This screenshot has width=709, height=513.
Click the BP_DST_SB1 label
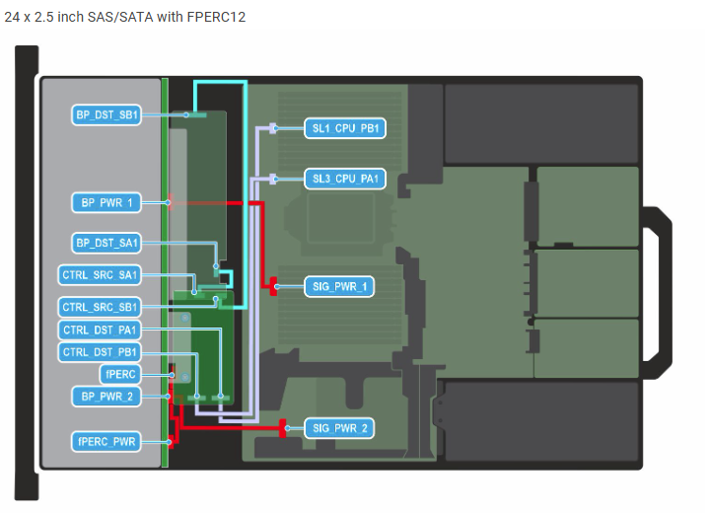[106, 115]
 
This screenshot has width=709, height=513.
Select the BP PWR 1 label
[106, 202]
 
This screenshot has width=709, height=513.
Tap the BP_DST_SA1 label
[106, 242]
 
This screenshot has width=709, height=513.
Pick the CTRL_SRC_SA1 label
[101, 274]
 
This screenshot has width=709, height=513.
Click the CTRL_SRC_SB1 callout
[101, 306]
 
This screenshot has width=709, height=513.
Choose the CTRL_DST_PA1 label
[101, 330]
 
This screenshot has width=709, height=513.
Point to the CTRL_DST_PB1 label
[101, 352]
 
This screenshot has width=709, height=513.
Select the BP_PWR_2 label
[106, 396]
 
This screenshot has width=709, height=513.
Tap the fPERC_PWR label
[106, 440]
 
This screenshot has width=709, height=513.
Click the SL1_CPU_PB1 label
[341, 128]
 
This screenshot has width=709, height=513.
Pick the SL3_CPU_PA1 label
[341, 179]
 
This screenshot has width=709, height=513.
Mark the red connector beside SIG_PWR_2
[285, 428]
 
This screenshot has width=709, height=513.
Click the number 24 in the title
[13, 17]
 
